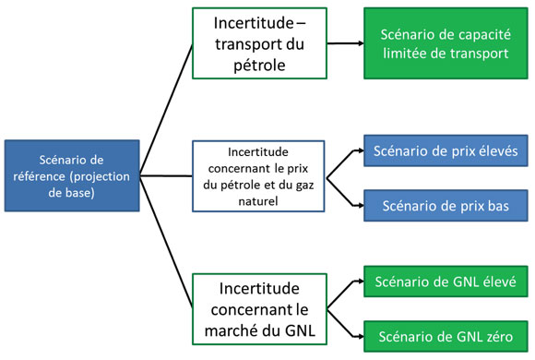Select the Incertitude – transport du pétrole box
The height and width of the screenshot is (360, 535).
coord(247,42)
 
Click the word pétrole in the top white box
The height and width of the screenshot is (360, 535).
coord(247,66)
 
